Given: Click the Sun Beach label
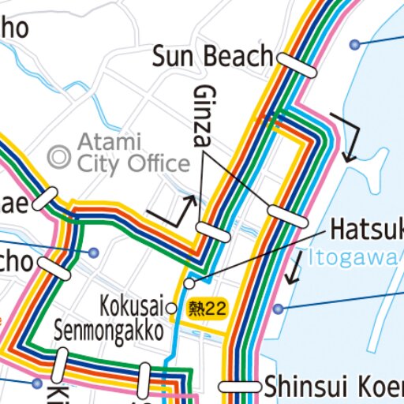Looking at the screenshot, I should tap(212, 57).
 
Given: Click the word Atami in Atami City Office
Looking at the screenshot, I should tap(109, 143).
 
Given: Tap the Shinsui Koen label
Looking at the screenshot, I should tap(334, 387).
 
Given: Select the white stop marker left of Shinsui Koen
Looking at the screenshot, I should tap(240, 387).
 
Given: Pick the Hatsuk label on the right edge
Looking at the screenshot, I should tap(366, 229).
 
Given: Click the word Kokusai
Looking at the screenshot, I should tap(132, 305).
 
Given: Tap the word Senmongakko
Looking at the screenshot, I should tap(109, 330).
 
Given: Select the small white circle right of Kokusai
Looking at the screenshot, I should tap(171, 308).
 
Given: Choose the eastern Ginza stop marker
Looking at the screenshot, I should tap(287, 215).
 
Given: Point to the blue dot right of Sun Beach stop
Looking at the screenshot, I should tap(355, 43).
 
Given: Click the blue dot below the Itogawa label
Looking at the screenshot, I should tap(278, 309).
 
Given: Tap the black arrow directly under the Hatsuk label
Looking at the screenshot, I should tap(294, 268).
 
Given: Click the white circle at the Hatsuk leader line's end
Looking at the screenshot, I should tap(189, 282).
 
